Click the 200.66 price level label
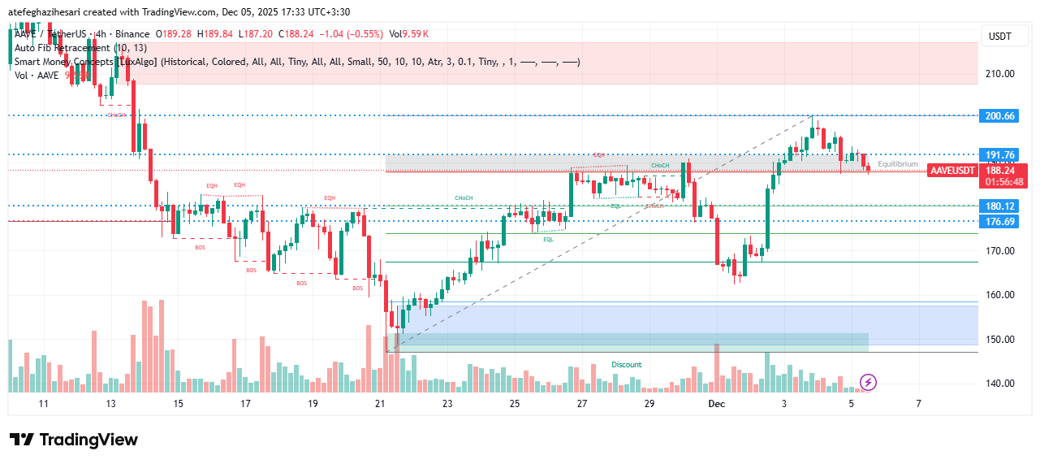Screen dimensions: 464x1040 click(x=999, y=116)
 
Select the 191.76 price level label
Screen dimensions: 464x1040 click(x=999, y=155)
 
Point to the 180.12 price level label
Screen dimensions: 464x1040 click(x=999, y=206)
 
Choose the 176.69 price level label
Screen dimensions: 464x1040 click(x=999, y=222)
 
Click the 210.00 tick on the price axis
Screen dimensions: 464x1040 click(x=1000, y=74)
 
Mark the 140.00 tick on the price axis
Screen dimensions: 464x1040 click(x=1000, y=384)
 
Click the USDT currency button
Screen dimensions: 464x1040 click(x=999, y=37)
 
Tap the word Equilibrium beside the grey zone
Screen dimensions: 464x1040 click(x=897, y=164)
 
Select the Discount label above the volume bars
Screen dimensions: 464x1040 click(x=626, y=365)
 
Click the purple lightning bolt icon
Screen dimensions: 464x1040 click(x=868, y=382)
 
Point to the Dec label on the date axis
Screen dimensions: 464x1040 click(x=716, y=404)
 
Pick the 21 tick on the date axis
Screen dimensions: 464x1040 click(x=380, y=404)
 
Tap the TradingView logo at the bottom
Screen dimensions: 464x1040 click(x=74, y=440)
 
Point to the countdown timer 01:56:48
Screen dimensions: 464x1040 click(x=1004, y=182)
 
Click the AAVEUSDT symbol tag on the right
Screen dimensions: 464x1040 click(x=952, y=171)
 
